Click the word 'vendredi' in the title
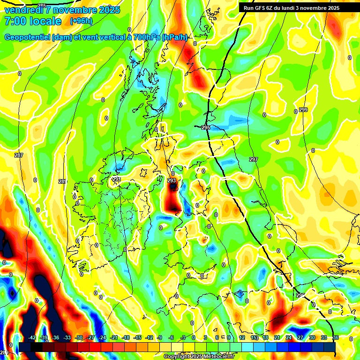[x=22, y=10]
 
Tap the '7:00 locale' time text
[x=32, y=21]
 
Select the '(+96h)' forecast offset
[x=81, y=21]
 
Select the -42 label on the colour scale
[x=32, y=337]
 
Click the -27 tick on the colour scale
[x=91, y=337]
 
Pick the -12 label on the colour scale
[x=150, y=337]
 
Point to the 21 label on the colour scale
[x=277, y=337]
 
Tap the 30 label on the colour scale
[x=312, y=337]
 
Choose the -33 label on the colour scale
[x=67, y=337]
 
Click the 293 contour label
[x=172, y=180]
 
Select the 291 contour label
[x=117, y=179]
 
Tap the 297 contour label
[x=253, y=160]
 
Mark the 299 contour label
[x=303, y=110]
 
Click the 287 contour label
[x=19, y=155]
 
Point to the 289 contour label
[x=62, y=181]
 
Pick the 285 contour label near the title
[x=42, y=6]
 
